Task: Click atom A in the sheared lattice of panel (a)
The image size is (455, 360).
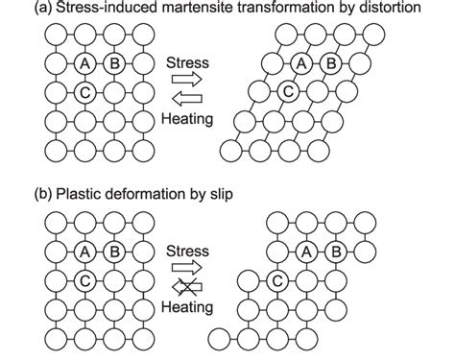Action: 300,65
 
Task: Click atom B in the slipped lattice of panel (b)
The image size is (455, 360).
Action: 338,252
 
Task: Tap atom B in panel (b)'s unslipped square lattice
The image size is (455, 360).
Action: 113,252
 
